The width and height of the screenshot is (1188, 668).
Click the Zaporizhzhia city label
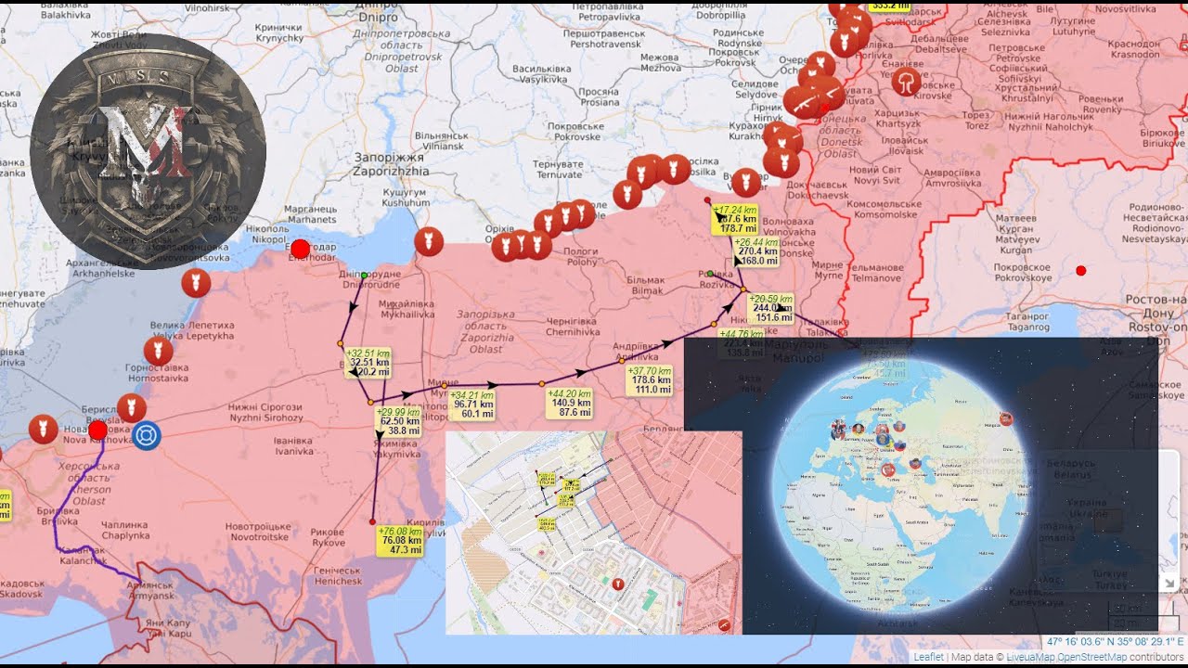[x=391, y=164]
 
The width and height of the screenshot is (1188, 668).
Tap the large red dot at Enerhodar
[x=300, y=249]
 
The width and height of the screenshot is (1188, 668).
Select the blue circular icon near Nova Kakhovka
[x=146, y=435]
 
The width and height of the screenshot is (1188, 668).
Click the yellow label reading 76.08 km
[x=400, y=540]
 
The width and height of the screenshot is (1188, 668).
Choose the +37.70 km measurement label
[x=651, y=379]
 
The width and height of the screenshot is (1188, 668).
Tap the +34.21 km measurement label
[x=472, y=405]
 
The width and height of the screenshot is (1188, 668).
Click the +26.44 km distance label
[x=757, y=251]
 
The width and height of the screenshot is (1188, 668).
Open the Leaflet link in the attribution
[x=928, y=657]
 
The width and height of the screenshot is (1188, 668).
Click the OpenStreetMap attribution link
[x=1093, y=657]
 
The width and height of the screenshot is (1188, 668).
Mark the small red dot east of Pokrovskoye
[x=1080, y=270]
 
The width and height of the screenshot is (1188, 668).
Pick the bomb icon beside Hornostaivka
[x=158, y=352]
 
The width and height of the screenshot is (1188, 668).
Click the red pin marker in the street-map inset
[x=618, y=584]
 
